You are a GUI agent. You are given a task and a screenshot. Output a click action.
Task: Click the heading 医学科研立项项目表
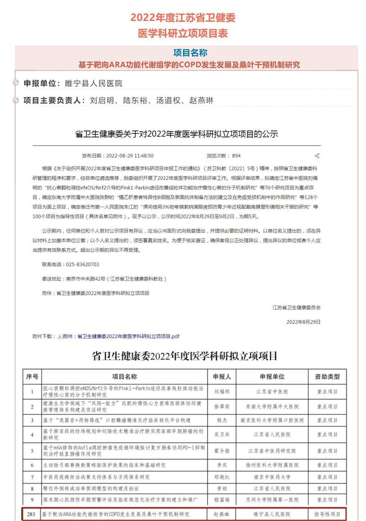coord(183,33)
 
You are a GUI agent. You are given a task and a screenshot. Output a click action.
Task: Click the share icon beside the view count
coord(317,155)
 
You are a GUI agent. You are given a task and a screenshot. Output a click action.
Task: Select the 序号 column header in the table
coord(32,377)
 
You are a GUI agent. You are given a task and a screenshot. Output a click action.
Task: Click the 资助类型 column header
coord(327,377)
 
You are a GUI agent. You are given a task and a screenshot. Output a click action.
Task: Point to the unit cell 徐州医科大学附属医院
coord(272,465)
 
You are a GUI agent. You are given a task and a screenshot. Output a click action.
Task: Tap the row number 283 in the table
coord(32,515)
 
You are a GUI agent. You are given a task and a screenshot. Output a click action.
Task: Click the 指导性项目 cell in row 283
coord(327,515)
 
